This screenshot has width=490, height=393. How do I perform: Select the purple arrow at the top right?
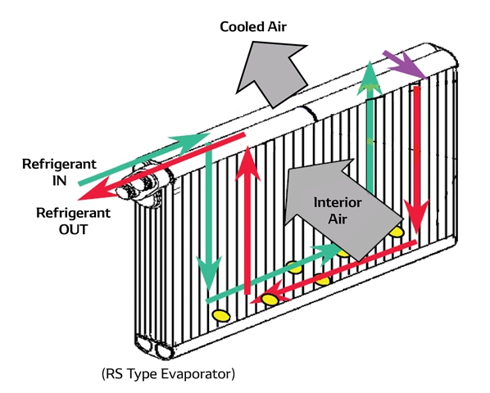(x=406, y=64)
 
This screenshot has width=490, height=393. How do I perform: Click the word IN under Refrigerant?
(x=59, y=181)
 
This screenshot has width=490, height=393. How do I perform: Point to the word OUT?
(x=73, y=230)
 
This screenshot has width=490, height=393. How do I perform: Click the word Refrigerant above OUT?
(x=74, y=213)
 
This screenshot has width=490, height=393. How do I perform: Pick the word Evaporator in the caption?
(x=202, y=373)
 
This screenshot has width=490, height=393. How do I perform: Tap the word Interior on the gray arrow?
(x=338, y=202)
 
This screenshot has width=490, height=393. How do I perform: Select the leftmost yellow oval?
(x=221, y=315)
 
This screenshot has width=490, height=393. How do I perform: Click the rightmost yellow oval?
(x=397, y=232)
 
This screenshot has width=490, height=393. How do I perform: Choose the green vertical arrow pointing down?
(x=209, y=218)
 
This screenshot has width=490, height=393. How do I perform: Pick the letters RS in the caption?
(x=115, y=373)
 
